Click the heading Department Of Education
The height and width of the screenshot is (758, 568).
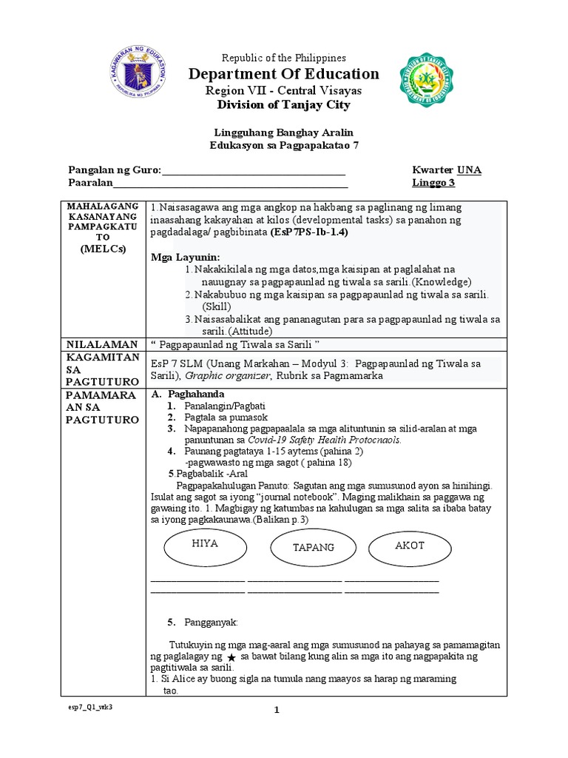pyautogui.click(x=285, y=74)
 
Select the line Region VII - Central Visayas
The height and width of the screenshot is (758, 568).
pyautogui.click(x=285, y=90)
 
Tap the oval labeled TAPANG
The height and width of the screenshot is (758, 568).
pyautogui.click(x=314, y=548)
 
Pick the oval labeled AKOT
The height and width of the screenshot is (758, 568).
pyautogui.click(x=409, y=545)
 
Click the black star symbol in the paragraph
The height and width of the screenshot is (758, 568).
pyautogui.click(x=231, y=658)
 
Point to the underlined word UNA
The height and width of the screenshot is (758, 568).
pyautogui.click(x=469, y=170)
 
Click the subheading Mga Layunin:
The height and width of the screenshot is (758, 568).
pyautogui.click(x=180, y=256)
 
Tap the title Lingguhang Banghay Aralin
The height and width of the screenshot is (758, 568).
pyautogui.click(x=285, y=132)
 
